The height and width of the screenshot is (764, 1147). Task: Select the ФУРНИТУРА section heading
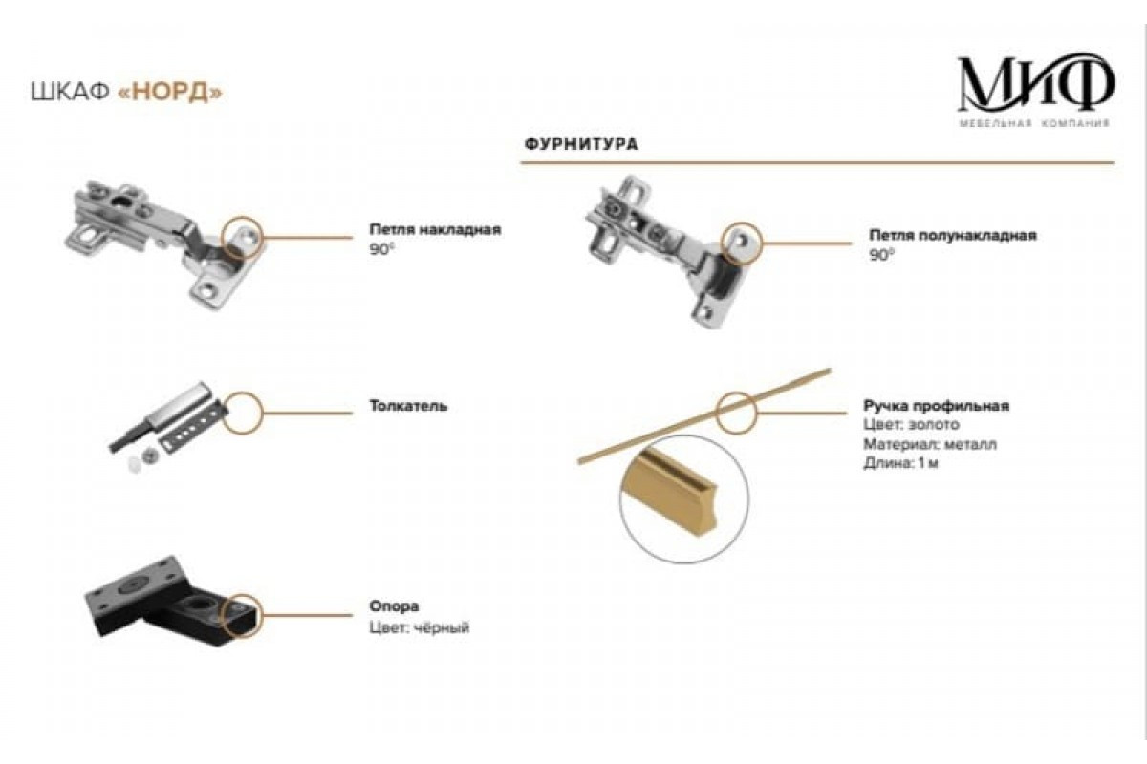tap(581, 145)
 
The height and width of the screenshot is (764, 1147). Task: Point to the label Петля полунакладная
tap(952, 235)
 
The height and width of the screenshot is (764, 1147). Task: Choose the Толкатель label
tap(408, 406)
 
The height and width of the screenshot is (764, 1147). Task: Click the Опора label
tap(394, 606)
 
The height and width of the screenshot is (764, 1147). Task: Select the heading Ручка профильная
tap(936, 406)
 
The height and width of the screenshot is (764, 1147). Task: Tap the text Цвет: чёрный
tap(419, 627)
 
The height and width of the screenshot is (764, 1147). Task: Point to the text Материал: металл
tap(930, 444)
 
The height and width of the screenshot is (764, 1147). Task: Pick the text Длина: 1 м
tap(901, 464)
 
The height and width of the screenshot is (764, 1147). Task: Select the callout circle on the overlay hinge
tap(243, 235)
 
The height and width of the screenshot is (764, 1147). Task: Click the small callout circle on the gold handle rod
tap(737, 410)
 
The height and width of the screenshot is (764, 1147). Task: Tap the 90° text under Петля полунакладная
tap(881, 255)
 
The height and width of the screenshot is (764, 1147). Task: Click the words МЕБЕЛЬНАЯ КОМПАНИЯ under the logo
tap(1034, 124)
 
